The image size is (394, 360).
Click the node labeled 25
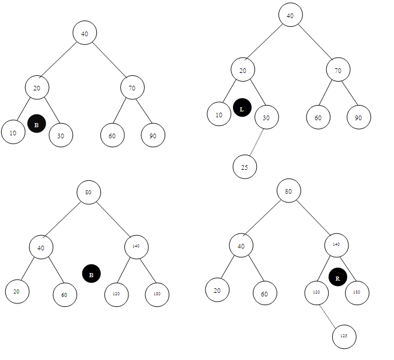point(245,167)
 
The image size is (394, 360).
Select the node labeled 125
point(344,337)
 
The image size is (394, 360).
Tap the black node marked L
point(242,109)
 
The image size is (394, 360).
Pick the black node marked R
point(337,278)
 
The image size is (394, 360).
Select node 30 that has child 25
point(267,118)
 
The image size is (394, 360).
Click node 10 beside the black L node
point(219,114)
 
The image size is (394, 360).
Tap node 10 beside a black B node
point(13,132)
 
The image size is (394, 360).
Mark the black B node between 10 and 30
point(36,124)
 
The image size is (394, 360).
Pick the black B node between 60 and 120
point(91,274)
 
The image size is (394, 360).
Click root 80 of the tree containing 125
point(288,190)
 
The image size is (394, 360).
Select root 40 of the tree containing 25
point(290,15)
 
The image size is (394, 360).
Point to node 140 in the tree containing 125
point(336,244)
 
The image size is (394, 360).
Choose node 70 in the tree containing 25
point(338,70)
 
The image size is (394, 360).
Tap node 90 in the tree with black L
point(358,117)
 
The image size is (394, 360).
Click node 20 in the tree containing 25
point(243,70)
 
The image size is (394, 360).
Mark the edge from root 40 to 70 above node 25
point(314,43)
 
